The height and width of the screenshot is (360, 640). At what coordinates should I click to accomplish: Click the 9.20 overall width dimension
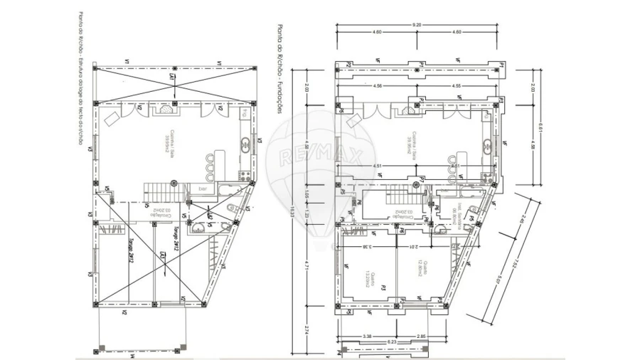pyautogui.click(x=417, y=25)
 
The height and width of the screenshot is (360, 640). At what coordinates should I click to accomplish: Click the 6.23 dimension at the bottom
pyautogui.click(x=392, y=342)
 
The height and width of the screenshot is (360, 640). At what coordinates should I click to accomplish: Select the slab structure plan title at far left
pyautogui.click(x=79, y=78)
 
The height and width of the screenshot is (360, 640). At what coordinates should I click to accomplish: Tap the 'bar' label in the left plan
pyautogui.click(x=203, y=189)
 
